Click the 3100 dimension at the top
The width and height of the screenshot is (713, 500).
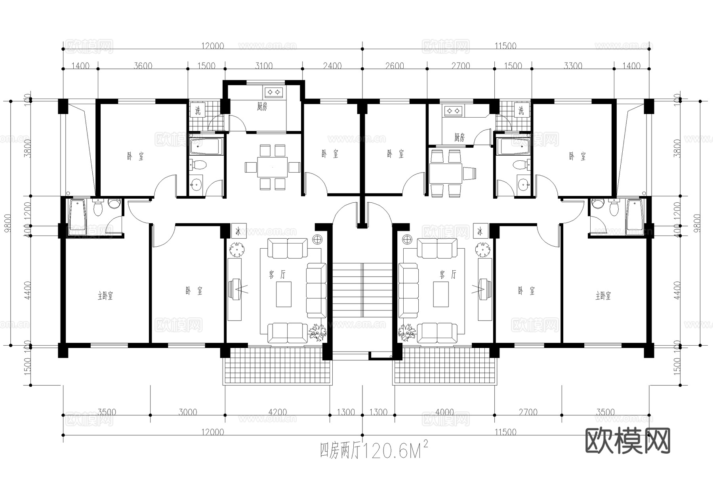point(263,66)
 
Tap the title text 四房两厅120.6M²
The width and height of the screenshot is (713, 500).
point(374,451)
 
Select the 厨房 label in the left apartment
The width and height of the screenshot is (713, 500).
point(262,106)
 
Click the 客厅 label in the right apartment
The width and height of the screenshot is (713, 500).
point(448,274)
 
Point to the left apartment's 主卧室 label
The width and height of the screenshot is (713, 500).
point(105,295)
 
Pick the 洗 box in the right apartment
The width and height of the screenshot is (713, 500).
point(521,110)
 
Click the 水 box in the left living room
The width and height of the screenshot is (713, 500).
point(238,231)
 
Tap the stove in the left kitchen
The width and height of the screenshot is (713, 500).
point(273,92)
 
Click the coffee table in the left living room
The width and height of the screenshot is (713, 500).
point(284,294)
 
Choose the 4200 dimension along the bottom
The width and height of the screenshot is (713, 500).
point(277,412)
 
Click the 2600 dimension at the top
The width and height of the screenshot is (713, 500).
point(394,66)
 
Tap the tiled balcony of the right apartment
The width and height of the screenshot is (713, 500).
point(444,366)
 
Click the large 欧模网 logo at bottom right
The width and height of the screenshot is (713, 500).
point(627,441)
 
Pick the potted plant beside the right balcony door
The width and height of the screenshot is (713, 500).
point(406,332)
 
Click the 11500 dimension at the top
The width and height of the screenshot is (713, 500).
point(505,46)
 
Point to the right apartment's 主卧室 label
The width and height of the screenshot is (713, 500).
point(603,295)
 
